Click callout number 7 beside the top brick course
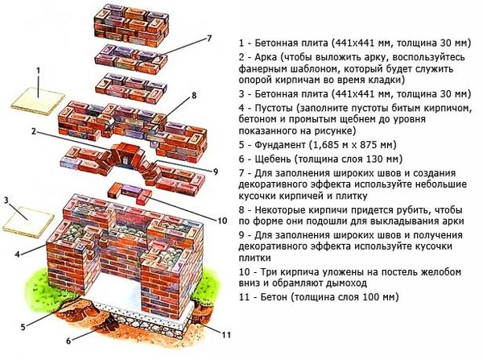208,39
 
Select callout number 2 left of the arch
34,130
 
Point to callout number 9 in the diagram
216,171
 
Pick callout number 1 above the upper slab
37,71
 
